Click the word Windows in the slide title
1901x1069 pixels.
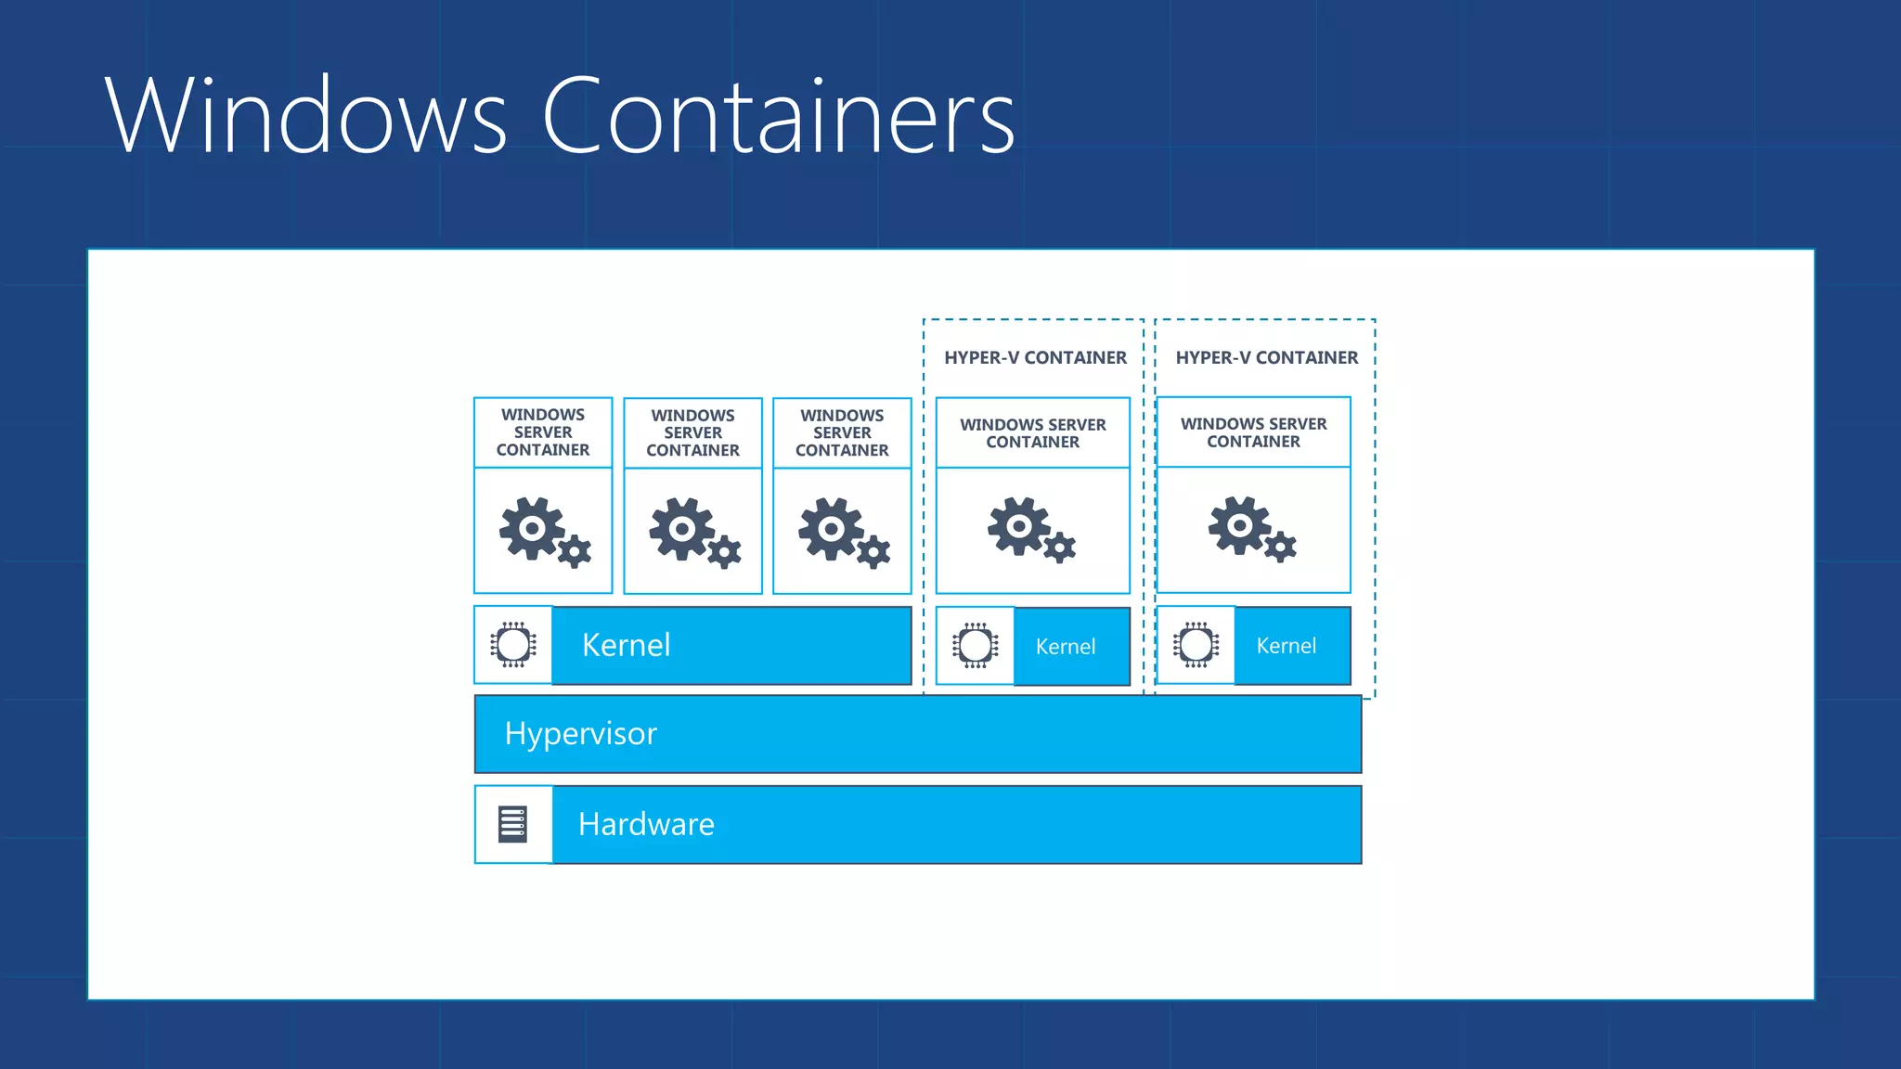click(x=306, y=116)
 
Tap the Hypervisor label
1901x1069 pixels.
click(x=580, y=734)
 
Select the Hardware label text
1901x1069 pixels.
click(x=646, y=824)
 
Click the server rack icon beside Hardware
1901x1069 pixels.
click(x=512, y=824)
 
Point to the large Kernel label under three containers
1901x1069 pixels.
click(x=626, y=645)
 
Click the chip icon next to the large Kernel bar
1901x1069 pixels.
click(x=512, y=645)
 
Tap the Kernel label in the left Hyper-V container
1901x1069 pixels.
click(x=1065, y=647)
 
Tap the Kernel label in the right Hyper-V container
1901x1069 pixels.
click(x=1286, y=646)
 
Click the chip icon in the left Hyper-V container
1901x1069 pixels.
click(x=975, y=646)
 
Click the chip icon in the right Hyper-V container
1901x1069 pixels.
click(x=1196, y=645)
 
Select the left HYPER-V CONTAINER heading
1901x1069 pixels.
click(x=1035, y=358)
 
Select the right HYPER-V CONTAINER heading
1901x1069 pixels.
click(x=1266, y=358)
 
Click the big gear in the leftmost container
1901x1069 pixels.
click(x=531, y=528)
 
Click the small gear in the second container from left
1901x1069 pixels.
click(x=724, y=552)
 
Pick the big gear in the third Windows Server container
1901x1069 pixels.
click(x=831, y=528)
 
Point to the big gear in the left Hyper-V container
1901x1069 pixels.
click(x=1019, y=525)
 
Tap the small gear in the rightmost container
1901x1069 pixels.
click(x=1280, y=547)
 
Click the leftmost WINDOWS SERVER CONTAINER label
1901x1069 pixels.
click(x=543, y=432)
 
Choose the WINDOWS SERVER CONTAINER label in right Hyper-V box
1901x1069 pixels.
click(x=1253, y=432)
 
